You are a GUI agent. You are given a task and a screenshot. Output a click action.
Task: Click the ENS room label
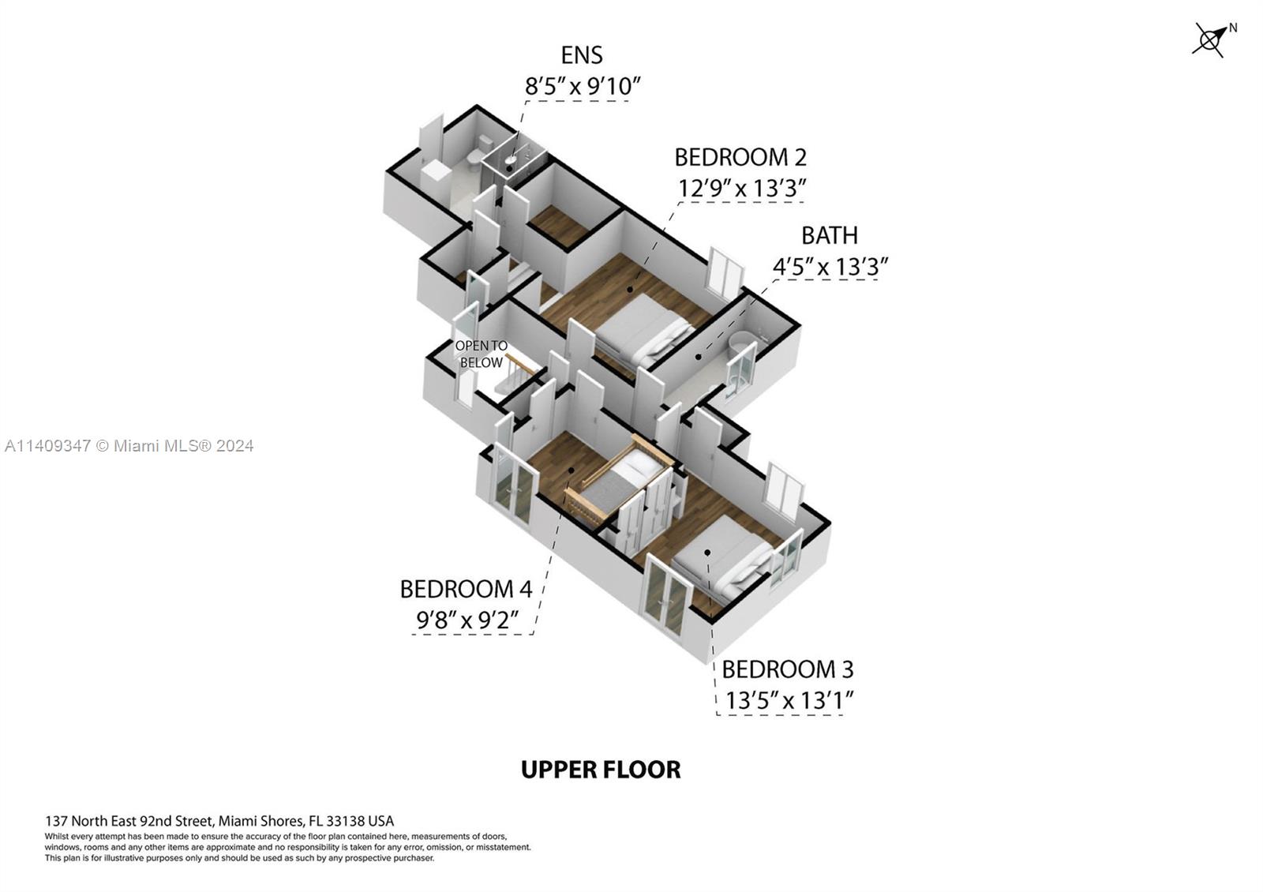point(582,55)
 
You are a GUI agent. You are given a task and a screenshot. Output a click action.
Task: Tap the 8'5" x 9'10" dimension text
point(582,86)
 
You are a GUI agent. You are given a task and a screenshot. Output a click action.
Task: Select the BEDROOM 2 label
point(740,158)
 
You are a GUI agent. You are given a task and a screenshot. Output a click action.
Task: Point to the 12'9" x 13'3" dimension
point(741,189)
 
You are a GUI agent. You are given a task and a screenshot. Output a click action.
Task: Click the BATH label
point(829,235)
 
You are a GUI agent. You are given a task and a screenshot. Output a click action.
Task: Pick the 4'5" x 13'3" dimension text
point(830,267)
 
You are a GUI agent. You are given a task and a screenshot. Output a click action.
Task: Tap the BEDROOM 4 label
point(466,589)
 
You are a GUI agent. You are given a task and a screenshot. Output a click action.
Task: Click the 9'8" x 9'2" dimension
point(467,620)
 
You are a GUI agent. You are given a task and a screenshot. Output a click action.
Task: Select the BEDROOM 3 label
point(787,669)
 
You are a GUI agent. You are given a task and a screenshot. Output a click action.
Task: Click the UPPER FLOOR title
point(601,770)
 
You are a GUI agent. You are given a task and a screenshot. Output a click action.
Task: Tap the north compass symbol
point(1210,39)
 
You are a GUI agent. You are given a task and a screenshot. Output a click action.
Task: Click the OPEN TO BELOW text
point(481,354)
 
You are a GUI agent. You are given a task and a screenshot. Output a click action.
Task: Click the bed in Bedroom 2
point(641,329)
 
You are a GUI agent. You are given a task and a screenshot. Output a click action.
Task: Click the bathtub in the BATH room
point(744,345)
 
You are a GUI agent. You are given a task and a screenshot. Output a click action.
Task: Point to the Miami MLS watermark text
point(129,446)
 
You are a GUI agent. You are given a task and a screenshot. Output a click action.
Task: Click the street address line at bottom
point(219,821)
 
